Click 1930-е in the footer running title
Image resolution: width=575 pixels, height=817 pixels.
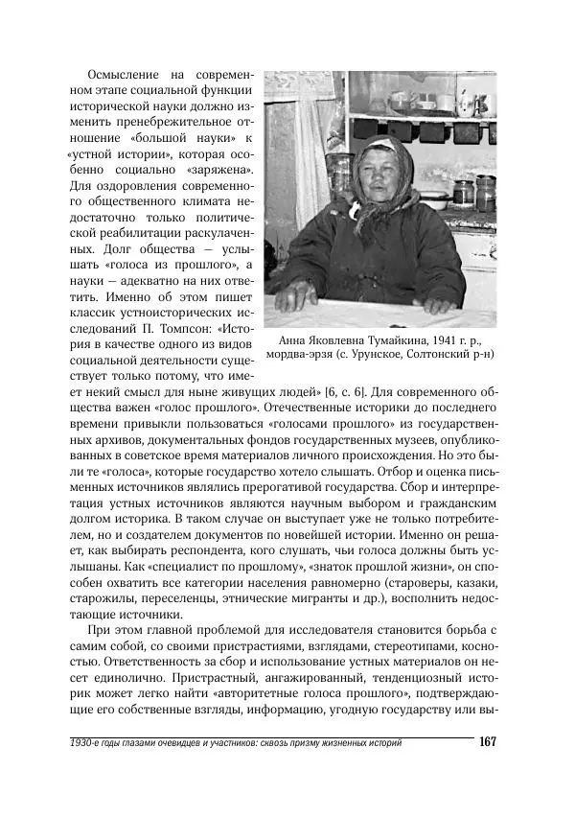tap(89, 744)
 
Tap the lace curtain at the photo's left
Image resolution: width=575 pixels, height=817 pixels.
tap(284, 173)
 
